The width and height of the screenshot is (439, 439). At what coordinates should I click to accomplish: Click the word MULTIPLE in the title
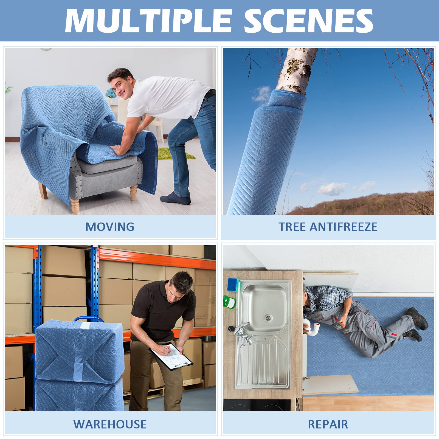pyautogui.click(x=148, y=21)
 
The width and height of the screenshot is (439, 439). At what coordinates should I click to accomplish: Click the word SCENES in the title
pyautogui.click(x=308, y=21)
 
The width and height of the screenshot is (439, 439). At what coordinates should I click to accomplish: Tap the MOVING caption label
pyautogui.click(x=110, y=227)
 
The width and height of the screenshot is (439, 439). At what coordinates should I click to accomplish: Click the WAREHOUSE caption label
pyautogui.click(x=110, y=424)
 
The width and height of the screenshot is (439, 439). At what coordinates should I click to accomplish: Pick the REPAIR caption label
pyautogui.click(x=328, y=424)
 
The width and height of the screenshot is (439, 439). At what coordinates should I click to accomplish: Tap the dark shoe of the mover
pyautogui.click(x=176, y=198)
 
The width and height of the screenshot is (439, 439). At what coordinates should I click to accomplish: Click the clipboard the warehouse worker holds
pyautogui.click(x=171, y=357)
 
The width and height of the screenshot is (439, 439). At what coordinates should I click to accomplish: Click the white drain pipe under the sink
pyautogui.click(x=313, y=328)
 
